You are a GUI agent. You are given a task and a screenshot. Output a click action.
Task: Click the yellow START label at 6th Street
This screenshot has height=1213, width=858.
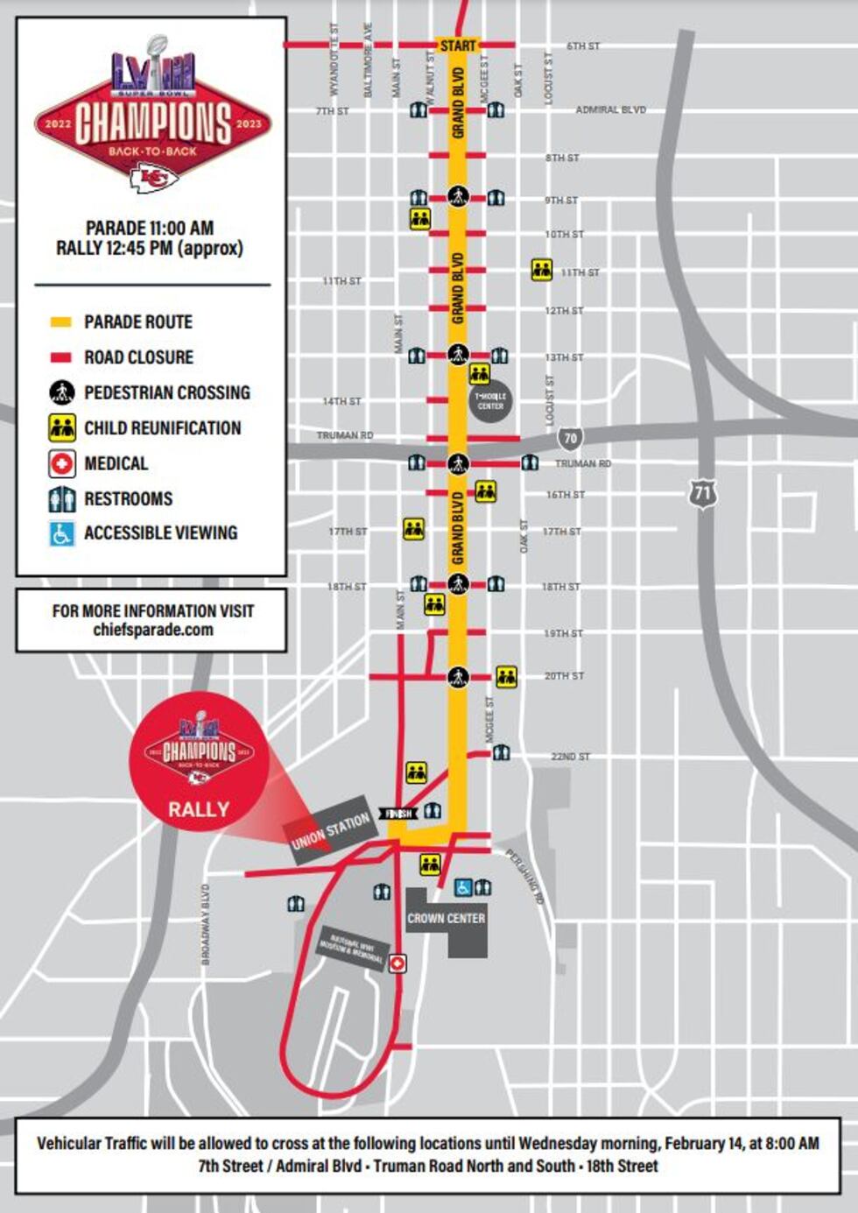coord(458,46)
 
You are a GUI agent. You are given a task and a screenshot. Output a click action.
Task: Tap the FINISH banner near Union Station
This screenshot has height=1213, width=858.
coord(398,814)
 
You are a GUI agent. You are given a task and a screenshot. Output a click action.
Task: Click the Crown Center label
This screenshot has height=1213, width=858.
coord(446,919)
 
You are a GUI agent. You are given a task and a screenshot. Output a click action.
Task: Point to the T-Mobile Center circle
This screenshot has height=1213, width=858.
coord(490,401)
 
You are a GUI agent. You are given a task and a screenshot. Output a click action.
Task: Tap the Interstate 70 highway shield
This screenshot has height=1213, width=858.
coord(571,437)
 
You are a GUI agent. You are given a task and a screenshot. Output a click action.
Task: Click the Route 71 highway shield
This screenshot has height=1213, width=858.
coord(702,493)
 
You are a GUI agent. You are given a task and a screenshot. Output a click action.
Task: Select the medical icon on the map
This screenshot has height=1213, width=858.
coord(397,963)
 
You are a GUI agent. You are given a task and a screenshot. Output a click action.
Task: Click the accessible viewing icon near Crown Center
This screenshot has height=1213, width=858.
coord(463,888)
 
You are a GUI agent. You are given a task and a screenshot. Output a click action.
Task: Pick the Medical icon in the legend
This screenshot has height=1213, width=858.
coord(61,463)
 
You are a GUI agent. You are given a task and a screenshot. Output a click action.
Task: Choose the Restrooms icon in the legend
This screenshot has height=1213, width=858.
coord(61,499)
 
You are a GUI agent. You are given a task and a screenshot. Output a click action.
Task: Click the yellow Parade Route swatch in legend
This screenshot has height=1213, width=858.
coord(60,322)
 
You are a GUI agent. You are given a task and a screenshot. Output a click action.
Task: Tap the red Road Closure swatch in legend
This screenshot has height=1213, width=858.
coord(60,357)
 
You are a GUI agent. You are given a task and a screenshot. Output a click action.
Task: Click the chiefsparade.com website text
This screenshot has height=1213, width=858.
coord(152,630)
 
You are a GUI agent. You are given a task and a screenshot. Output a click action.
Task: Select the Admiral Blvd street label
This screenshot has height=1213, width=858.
coord(610,110)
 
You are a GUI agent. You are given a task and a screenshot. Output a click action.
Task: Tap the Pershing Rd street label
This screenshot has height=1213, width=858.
coord(525,876)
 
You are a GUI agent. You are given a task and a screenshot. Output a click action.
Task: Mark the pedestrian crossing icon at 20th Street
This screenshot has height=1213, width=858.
coord(458,676)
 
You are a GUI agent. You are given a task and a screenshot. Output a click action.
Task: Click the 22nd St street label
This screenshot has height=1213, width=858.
coord(570,757)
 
